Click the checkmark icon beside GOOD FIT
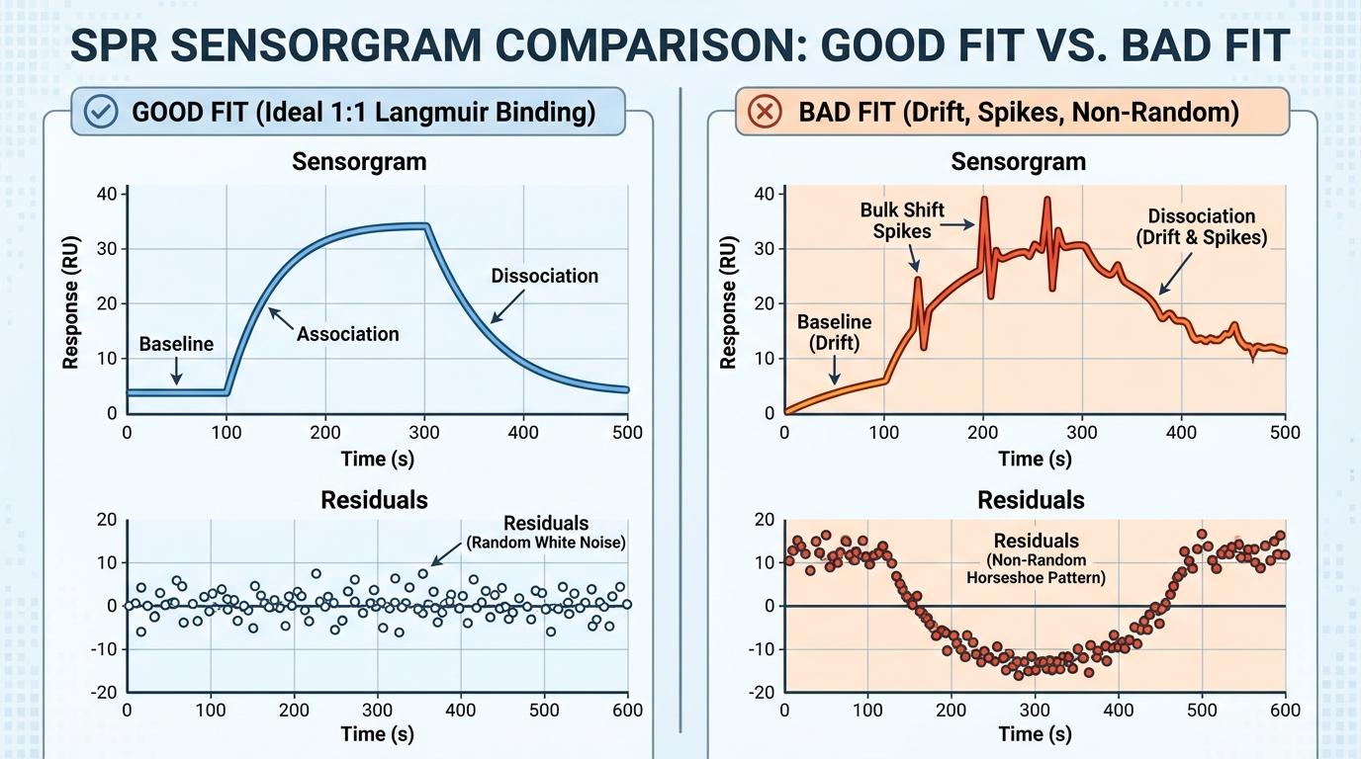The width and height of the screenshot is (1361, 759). tap(101, 112)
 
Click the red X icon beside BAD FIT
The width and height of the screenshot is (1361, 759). tap(763, 112)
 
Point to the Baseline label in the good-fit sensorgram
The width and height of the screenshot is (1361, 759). tap(176, 344)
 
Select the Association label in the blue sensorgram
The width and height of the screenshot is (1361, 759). tap(347, 334)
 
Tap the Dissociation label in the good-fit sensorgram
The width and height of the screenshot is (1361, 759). tap(544, 276)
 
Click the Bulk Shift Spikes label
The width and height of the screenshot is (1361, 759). tap(901, 220)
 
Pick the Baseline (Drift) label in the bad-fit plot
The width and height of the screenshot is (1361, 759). tap(834, 332)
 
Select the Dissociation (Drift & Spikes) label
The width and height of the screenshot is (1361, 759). tap(1201, 226)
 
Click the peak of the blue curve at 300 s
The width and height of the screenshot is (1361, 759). tap(425, 226)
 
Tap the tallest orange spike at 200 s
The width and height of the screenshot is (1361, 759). tap(984, 201)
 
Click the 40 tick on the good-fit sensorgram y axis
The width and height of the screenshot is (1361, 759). tap(107, 194)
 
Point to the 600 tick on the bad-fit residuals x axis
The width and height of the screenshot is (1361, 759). tap(1285, 710)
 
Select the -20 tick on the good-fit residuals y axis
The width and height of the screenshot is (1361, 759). tap(104, 692)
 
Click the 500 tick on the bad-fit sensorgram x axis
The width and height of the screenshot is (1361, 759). tap(1285, 432)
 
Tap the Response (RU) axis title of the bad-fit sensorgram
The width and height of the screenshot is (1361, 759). tap(729, 302)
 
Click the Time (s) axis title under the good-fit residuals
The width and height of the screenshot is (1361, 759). tap(377, 734)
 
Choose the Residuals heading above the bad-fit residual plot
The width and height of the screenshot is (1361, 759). tap(1031, 500)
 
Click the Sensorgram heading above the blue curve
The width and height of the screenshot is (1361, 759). tap(359, 162)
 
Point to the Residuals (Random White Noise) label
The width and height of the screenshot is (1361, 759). tap(545, 532)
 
